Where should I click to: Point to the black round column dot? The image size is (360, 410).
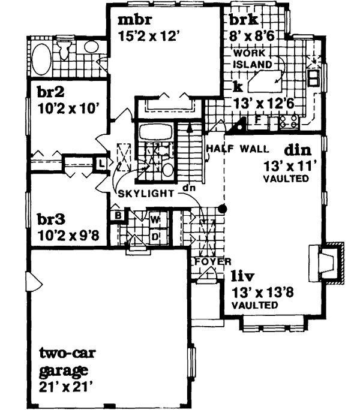coord(222,209)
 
